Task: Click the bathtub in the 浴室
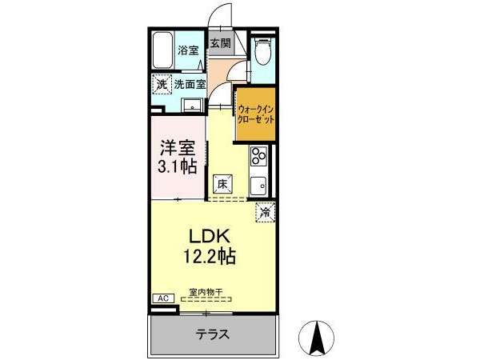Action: [163, 51]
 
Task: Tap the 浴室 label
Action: [188, 50]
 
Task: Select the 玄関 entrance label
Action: [221, 43]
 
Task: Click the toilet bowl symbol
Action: [262, 51]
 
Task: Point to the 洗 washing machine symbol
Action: [162, 85]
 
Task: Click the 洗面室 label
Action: [190, 84]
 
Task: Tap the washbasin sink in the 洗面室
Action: [192, 106]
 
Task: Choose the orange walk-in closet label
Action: [256, 114]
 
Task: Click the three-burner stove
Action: [258, 155]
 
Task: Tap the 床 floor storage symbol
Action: [222, 184]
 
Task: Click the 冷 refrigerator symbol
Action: [266, 212]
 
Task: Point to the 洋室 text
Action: [178, 149]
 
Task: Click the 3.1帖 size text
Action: [178, 167]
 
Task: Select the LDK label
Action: [210, 237]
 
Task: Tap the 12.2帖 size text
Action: [210, 256]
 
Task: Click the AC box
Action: [163, 298]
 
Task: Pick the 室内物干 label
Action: [206, 292]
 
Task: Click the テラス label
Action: [213, 334]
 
